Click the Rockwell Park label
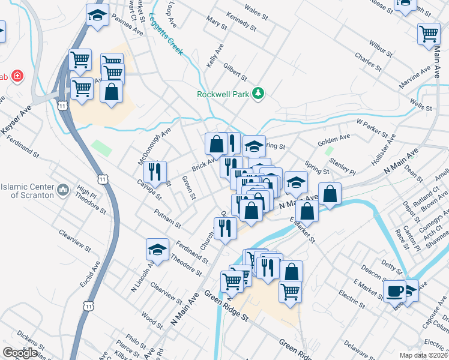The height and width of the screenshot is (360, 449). tap(223, 94)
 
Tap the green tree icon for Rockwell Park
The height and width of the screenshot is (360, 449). tap(258, 93)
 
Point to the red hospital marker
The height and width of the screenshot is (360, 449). tap(17, 76)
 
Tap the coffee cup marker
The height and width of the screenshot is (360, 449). tap(394, 291)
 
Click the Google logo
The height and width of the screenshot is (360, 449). tap(20, 353)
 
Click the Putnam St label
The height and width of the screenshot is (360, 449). tap(167, 219)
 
